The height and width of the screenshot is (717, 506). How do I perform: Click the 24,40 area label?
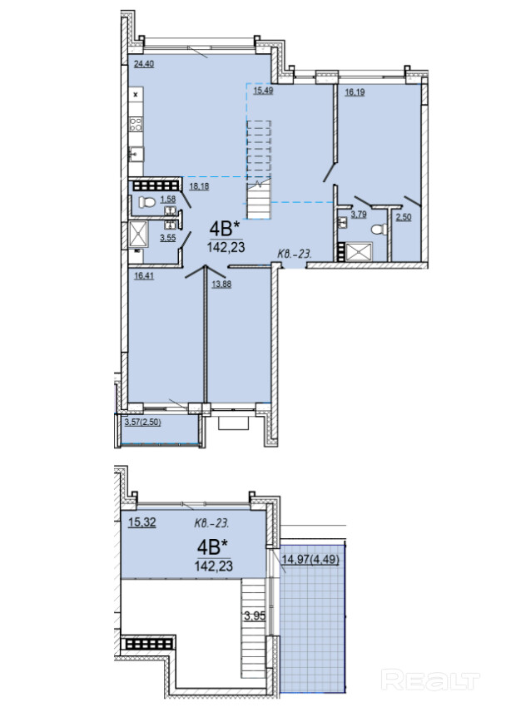coord(143,64)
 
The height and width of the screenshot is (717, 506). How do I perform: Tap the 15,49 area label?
coord(263,90)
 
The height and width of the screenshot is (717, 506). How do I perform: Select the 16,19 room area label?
coord(355,91)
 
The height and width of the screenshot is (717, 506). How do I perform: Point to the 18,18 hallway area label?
coord(199,186)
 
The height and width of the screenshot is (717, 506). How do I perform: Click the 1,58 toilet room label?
coord(168,200)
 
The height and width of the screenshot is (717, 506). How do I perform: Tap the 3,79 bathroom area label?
coord(358,214)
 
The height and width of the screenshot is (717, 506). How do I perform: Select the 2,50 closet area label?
coord(403,217)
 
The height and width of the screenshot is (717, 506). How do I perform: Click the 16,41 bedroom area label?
coord(144,275)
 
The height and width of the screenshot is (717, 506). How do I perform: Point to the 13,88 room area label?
coord(221,284)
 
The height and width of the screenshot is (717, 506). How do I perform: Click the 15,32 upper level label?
coord(141,522)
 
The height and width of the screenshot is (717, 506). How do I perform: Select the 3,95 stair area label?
coord(255,616)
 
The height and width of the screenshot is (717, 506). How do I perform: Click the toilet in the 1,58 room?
coord(147,202)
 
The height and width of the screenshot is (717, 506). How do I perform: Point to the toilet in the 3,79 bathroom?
coord(379,229)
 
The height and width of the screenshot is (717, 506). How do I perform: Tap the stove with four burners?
coord(136,124)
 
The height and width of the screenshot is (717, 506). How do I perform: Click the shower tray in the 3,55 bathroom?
coord(137,235)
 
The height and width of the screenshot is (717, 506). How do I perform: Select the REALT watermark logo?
coord(430,681)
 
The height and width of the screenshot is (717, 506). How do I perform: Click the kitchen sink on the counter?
coord(136,155)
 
